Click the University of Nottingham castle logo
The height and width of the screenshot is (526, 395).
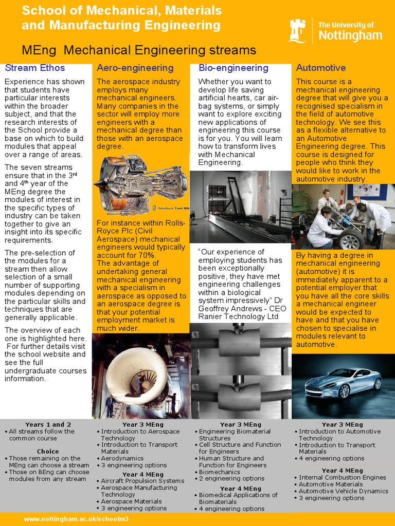coord(298,30)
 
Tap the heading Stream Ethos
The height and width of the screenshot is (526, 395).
coord(35,68)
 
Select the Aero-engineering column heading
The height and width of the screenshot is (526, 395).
coord(135,68)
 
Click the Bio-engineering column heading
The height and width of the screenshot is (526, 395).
coord(234,68)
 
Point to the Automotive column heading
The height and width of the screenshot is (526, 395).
coord(321,68)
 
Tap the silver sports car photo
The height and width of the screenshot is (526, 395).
coord(343,383)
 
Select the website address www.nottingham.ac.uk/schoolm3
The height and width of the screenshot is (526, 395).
coord(76,519)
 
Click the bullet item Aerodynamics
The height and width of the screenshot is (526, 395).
coord(122,458)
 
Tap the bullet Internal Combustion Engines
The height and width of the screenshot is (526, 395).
coord(343,478)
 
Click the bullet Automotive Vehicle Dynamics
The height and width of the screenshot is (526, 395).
coord(344,491)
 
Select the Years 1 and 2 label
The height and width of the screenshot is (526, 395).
coord(48,425)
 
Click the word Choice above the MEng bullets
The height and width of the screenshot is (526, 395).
coord(48,452)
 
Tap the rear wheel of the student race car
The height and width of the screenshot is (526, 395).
coord(351,239)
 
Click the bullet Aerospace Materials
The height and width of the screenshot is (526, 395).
coord(131,501)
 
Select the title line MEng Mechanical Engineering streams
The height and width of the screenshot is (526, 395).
coord(139,50)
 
